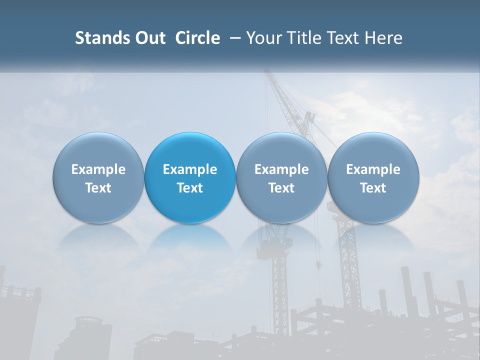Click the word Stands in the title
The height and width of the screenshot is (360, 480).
coord(100,38)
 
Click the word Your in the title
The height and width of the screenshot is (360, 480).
coord(263,38)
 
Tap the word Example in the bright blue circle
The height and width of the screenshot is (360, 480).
coord(190,169)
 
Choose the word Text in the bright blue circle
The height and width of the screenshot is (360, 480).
coord(190,188)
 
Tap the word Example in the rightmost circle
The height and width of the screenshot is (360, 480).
coord(373,169)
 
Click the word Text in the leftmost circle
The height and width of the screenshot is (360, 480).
coord(98,188)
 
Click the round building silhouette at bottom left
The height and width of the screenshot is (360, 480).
coord(93,335)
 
